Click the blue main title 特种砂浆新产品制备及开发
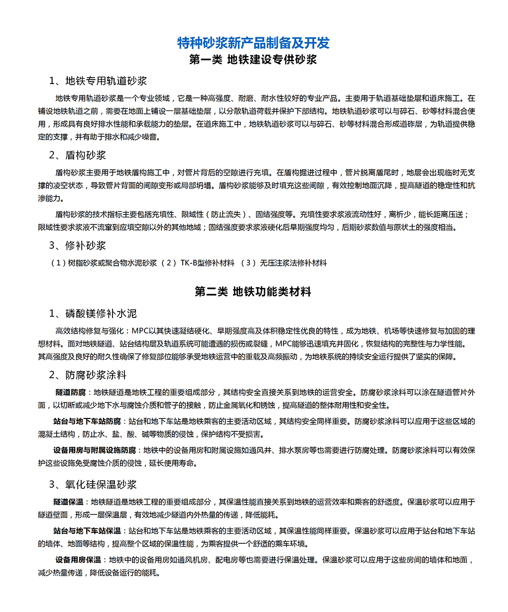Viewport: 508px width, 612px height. click(x=254, y=43)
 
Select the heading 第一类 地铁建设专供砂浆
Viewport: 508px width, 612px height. click(x=254, y=60)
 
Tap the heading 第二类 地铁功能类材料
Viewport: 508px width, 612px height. click(x=254, y=292)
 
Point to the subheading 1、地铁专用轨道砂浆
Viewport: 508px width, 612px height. click(x=98, y=81)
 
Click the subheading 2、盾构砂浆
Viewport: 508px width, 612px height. click(x=78, y=155)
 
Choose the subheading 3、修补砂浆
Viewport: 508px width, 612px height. click(x=78, y=245)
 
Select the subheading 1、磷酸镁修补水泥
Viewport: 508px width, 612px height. click(x=93, y=313)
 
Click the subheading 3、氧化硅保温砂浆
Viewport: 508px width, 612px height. click(x=93, y=485)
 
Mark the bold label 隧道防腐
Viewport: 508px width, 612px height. click(x=70, y=393)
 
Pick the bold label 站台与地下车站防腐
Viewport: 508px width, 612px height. click(x=87, y=421)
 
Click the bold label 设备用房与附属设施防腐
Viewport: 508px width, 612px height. click(x=95, y=450)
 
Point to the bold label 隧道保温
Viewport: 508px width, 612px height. click(x=68, y=502)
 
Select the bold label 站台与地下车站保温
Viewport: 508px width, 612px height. click(x=87, y=531)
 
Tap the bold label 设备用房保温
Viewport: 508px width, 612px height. click(x=78, y=560)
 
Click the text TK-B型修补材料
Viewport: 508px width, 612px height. click(x=207, y=263)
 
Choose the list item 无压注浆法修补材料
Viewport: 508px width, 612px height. click(x=293, y=263)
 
